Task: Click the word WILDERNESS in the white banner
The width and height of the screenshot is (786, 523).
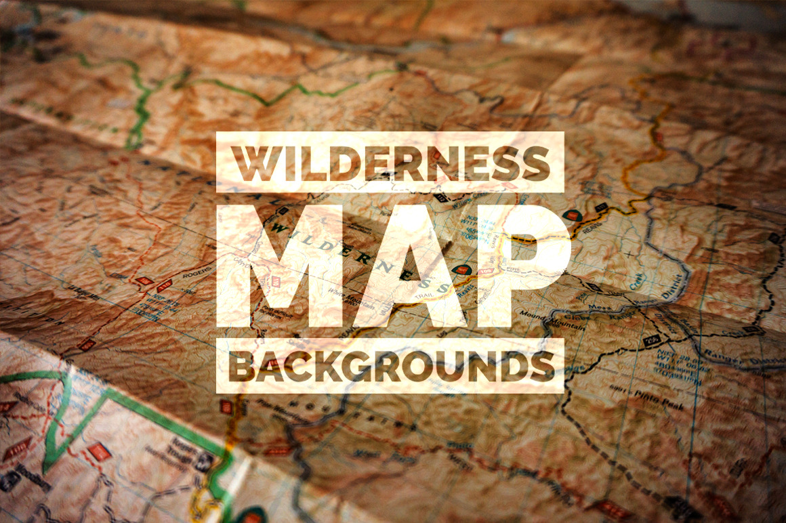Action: click(x=390, y=163)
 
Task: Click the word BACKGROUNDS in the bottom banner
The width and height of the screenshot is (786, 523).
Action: click(x=390, y=366)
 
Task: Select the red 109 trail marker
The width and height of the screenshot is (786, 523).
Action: click(x=484, y=272)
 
